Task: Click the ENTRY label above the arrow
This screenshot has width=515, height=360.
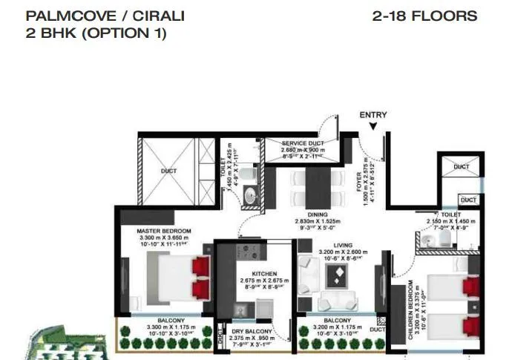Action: pos(373,115)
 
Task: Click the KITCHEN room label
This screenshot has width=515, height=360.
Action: pos(264,274)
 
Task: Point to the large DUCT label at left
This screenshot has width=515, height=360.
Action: pos(168,171)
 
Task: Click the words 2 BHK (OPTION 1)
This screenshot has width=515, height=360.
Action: pos(86,33)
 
